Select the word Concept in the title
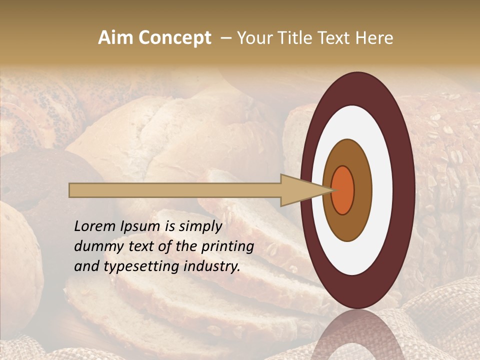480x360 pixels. (x=174, y=38)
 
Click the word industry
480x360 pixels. (x=211, y=266)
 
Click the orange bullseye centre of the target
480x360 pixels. (x=342, y=190)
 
